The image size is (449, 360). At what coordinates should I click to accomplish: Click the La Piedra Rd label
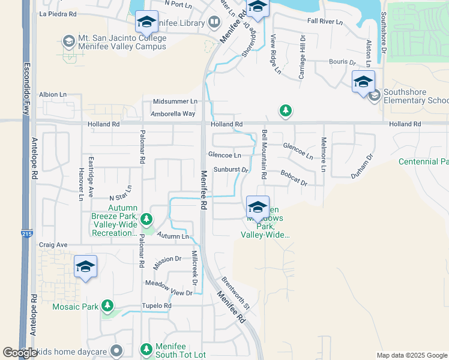coord(58,13)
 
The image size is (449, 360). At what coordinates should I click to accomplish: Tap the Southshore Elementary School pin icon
coord(375,96)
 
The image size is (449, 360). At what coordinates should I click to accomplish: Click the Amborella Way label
coord(173,113)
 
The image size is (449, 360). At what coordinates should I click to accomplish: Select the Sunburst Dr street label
coord(231,170)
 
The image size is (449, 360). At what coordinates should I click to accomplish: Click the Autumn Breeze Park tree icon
coord(146,220)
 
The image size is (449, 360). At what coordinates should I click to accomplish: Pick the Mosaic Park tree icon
coord(107,307)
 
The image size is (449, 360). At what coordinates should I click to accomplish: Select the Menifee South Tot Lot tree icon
coord(146,349)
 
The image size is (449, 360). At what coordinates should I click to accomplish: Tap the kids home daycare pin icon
coord(116,350)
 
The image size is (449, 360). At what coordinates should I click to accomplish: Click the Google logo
coord(20,352)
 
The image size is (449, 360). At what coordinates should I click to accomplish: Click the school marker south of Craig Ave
coord(85,267)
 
